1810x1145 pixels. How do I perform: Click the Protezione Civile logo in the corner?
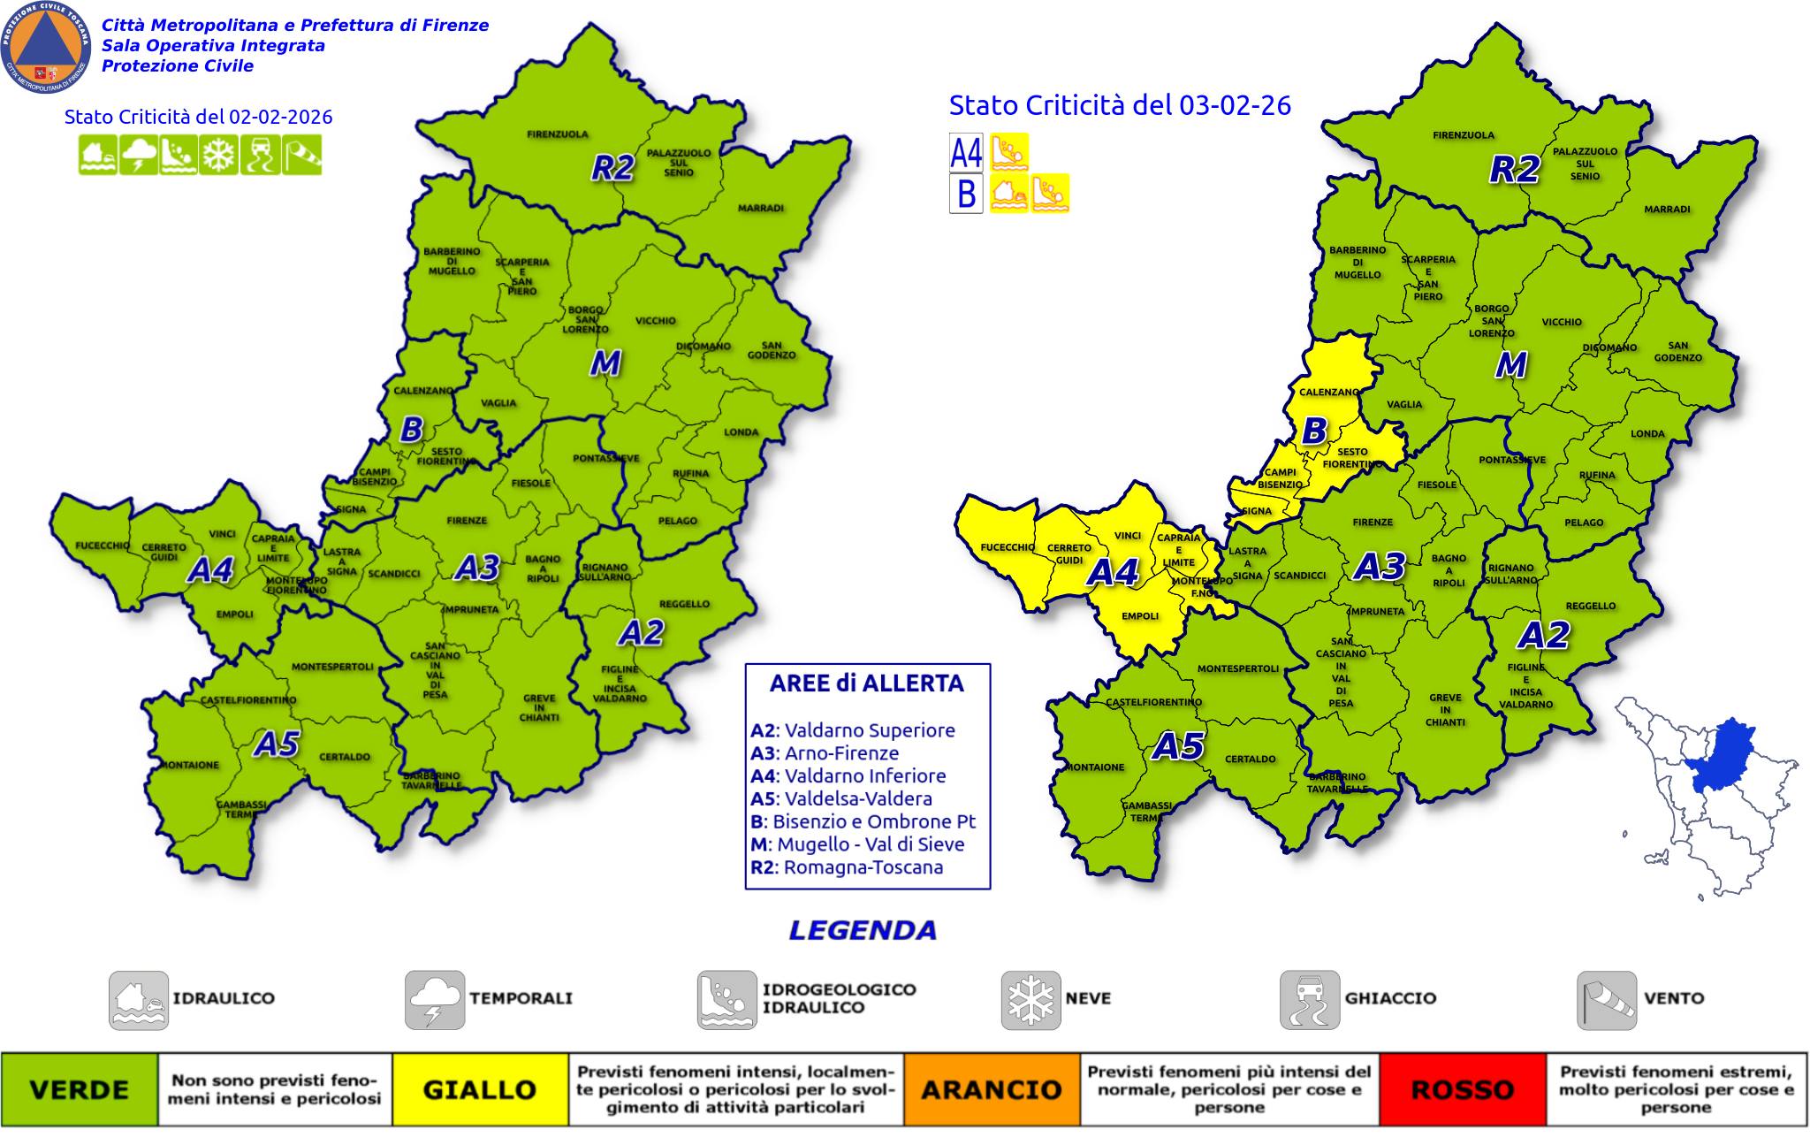tap(46, 46)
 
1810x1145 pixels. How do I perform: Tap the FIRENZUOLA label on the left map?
tap(557, 134)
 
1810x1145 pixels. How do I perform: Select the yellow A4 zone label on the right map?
tap(1111, 572)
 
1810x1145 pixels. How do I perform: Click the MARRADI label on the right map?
tap(1666, 210)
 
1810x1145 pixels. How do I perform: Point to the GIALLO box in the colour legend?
tap(479, 1089)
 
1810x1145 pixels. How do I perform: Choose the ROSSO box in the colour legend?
tap(1463, 1089)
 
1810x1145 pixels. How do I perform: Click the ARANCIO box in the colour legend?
tap(991, 1089)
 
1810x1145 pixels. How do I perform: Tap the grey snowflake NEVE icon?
tap(1030, 1000)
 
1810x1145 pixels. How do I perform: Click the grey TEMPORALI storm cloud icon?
tap(435, 1000)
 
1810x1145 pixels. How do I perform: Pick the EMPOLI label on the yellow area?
tap(1139, 616)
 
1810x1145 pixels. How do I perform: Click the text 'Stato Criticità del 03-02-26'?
tap(1120, 105)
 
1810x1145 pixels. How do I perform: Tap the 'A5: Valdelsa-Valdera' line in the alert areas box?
tap(840, 798)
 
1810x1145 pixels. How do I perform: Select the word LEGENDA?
tap(862, 930)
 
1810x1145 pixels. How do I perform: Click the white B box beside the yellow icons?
tap(965, 194)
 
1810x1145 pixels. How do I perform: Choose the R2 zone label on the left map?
tap(612, 168)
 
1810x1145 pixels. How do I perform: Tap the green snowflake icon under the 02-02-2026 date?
tap(217, 155)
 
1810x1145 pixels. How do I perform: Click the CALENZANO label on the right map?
tap(1328, 392)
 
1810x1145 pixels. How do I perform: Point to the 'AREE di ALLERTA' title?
tap(866, 683)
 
